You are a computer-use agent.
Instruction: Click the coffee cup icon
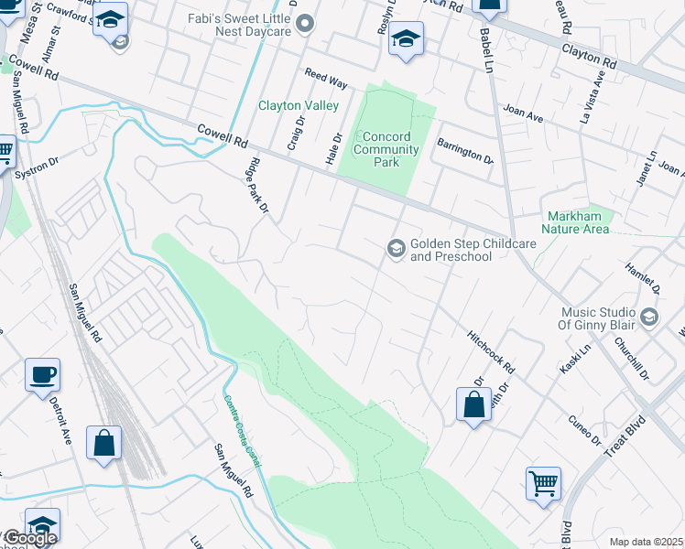click(x=42, y=375)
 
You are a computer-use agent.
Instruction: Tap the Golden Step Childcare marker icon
click(x=397, y=249)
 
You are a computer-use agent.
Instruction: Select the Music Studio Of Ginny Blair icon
click(x=649, y=317)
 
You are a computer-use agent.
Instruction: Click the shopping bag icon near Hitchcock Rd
click(x=473, y=404)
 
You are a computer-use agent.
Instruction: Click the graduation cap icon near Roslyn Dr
click(x=405, y=39)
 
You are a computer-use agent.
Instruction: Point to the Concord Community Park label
click(x=386, y=149)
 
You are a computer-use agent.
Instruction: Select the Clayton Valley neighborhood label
click(x=299, y=106)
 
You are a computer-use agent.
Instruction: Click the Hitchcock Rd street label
click(x=491, y=352)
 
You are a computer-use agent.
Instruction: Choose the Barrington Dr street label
click(x=464, y=151)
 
